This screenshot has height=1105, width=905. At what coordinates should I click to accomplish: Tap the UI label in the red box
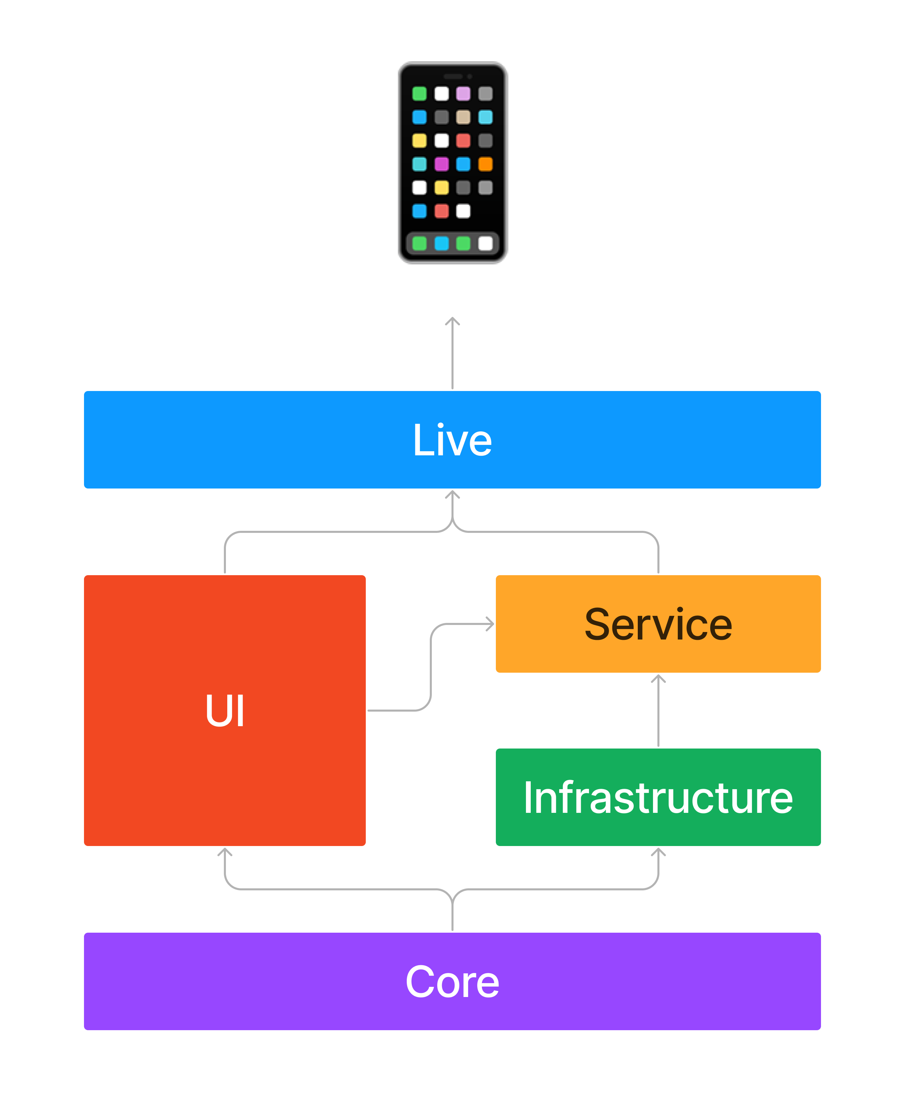(x=225, y=710)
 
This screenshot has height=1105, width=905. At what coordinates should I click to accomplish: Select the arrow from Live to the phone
(x=452, y=353)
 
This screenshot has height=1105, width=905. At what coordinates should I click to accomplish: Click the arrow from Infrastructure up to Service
(x=658, y=710)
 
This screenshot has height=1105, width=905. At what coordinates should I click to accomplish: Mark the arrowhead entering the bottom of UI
(x=225, y=852)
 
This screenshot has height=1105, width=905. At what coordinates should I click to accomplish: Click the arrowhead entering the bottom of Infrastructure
(x=658, y=852)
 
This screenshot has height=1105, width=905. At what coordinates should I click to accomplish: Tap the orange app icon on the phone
(x=485, y=164)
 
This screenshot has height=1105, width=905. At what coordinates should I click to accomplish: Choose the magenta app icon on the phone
(x=442, y=164)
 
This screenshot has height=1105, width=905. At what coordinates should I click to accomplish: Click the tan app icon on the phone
(x=463, y=117)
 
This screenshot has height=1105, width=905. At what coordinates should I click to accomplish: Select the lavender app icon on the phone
(x=463, y=94)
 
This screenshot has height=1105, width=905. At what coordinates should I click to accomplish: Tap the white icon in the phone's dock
(x=485, y=243)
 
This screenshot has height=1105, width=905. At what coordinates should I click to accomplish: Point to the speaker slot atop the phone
(x=453, y=77)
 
